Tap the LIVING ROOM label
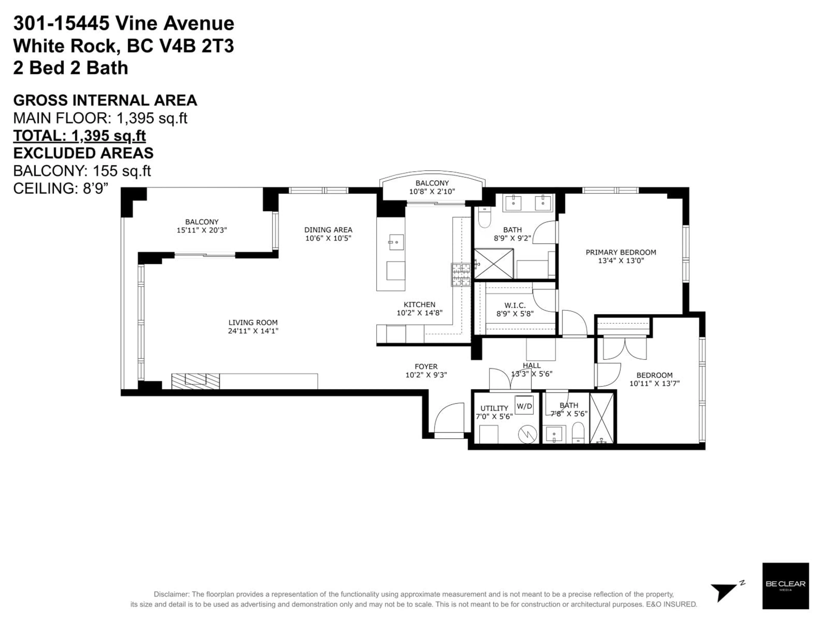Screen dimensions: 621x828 pos(253,322)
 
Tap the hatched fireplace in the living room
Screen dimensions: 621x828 pos(195,381)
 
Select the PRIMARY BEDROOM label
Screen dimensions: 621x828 pos(621,252)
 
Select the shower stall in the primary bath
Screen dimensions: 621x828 pos(494,263)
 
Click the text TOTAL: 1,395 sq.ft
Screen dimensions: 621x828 pos(79,135)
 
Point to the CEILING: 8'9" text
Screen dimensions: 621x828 pos(61,188)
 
